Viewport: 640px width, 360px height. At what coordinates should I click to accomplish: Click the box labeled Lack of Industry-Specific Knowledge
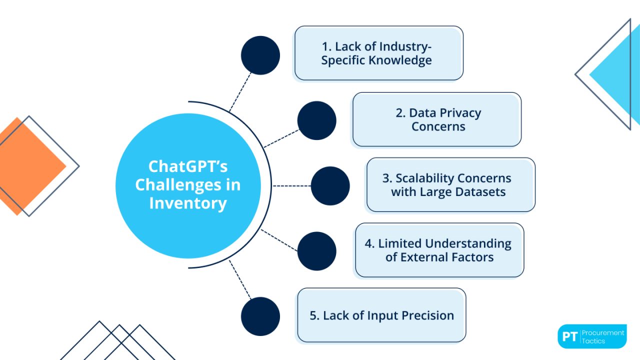coord(378,53)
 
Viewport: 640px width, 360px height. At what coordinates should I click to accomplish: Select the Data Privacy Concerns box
coord(436,119)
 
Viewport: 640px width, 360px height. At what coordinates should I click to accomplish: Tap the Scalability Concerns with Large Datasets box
coord(450,185)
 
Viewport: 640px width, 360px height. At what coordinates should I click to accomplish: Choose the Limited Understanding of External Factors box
coord(439,250)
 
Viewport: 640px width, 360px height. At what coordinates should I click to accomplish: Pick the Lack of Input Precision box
coord(381,315)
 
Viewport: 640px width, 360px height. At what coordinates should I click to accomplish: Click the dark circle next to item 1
coord(260,55)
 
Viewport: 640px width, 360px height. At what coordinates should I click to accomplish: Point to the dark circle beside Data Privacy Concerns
coord(316,120)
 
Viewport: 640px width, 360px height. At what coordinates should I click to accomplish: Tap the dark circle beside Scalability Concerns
coord(330,186)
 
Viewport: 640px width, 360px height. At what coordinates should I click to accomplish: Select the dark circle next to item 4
coord(316,251)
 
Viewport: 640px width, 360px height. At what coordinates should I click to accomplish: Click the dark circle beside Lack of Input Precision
coord(260,316)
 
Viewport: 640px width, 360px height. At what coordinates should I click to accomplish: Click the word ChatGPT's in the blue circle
coord(187,166)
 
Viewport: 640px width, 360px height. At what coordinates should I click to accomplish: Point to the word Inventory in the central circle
coord(187,203)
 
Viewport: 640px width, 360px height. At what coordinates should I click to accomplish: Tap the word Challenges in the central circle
coord(172,185)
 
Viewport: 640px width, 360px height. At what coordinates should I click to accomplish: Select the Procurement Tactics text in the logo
coord(602,336)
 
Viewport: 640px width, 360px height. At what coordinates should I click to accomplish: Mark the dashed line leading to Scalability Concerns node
coord(291,186)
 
